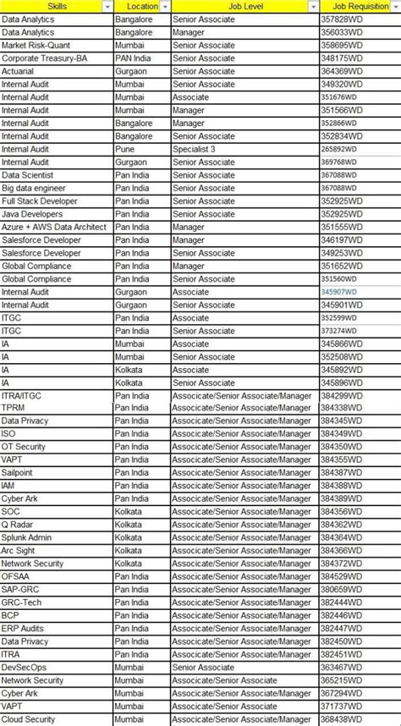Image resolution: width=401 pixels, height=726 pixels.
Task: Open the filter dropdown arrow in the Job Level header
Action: tap(313, 6)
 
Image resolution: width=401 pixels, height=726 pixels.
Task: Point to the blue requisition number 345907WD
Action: tap(339, 292)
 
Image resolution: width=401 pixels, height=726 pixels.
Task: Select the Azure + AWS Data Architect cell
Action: tap(54, 227)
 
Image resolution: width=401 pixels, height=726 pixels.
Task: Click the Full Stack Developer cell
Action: tap(40, 201)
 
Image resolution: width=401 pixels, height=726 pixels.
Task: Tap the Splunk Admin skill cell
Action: tap(26, 537)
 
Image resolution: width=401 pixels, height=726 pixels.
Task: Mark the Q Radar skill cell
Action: tap(18, 525)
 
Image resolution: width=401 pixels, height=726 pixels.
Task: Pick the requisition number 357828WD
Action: tap(342, 19)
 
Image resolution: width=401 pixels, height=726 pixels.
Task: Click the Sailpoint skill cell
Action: tap(19, 472)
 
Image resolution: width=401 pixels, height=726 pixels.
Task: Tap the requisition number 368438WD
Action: tap(342, 719)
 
